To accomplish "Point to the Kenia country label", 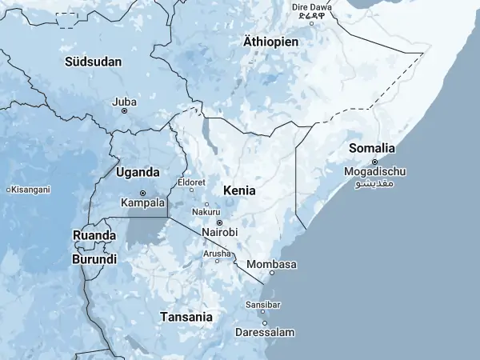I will pyautogui.click(x=240, y=190).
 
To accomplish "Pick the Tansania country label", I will pyautogui.click(x=186, y=317).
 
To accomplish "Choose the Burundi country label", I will pyautogui.click(x=94, y=259).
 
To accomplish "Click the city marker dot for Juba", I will pyautogui.click(x=124, y=110).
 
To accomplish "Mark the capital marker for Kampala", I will pyautogui.click(x=142, y=193).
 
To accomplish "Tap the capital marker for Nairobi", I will pyautogui.click(x=219, y=222).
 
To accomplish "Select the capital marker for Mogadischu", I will pyautogui.click(x=374, y=162).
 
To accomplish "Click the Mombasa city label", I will pyautogui.click(x=272, y=264).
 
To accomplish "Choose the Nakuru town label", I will pyautogui.click(x=206, y=212).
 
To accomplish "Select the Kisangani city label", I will pyautogui.click(x=30, y=190).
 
